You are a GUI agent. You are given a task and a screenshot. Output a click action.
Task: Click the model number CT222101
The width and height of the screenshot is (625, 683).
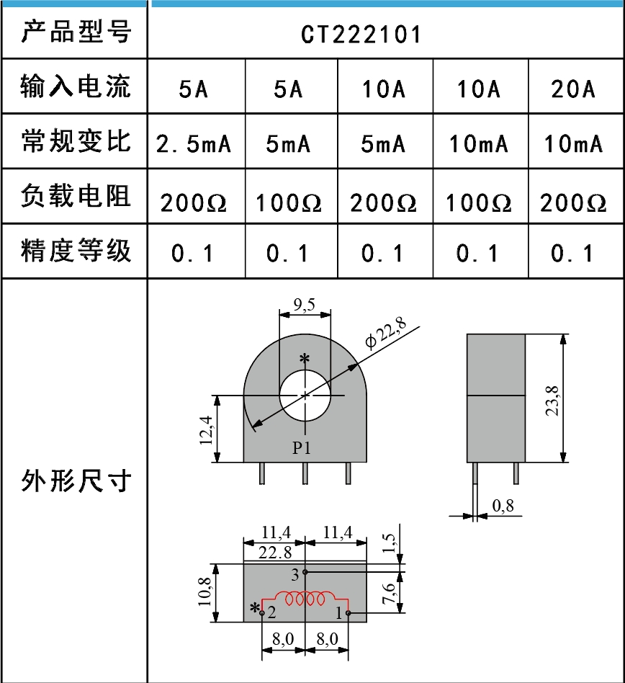[361, 35]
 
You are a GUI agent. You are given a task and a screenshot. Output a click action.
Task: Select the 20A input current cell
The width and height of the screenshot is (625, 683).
[574, 89]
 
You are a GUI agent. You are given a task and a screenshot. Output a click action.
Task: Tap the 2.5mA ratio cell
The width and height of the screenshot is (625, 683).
[194, 144]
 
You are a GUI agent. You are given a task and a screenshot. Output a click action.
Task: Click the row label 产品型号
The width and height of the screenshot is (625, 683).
[76, 32]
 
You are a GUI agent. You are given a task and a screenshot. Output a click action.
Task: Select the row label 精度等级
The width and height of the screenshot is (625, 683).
[76, 251]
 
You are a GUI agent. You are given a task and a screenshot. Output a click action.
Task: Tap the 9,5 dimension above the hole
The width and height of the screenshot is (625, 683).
[305, 305]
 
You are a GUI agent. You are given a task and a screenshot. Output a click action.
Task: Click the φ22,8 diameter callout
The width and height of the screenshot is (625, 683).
[386, 333]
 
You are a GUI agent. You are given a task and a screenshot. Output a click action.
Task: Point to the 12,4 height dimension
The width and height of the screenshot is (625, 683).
[207, 429]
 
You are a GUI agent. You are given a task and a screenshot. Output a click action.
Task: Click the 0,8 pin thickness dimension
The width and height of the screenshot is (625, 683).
[504, 506]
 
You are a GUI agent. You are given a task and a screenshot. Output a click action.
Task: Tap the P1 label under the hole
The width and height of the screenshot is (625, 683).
[302, 447]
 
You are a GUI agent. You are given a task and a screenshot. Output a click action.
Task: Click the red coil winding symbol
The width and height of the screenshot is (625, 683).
[305, 599]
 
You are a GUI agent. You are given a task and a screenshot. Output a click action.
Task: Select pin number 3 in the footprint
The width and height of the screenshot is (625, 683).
[294, 574]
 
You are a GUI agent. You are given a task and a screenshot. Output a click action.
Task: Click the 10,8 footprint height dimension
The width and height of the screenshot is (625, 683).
[207, 592]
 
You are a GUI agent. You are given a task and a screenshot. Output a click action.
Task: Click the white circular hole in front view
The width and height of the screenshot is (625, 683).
[305, 396]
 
